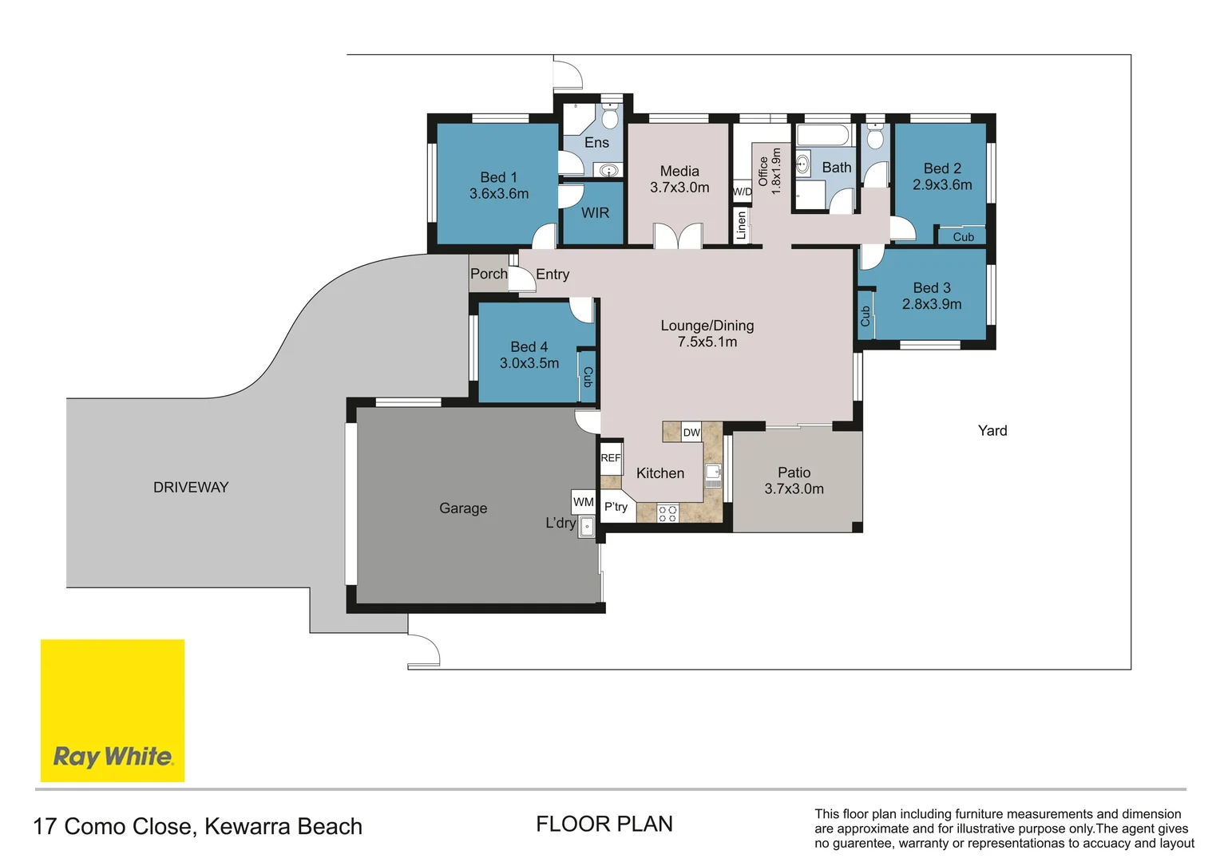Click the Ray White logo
point(113,710)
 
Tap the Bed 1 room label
point(499,177)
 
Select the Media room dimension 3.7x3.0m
point(679,188)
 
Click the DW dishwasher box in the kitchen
point(691,433)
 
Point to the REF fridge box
point(611,458)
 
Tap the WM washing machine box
point(584,502)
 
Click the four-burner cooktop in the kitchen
point(667,513)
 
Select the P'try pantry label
point(616,507)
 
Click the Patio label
point(794,473)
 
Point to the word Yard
point(992,431)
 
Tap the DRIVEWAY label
point(191,487)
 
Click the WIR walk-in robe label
point(595,213)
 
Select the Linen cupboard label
point(741,225)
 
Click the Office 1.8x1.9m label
point(770,171)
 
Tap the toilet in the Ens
point(610,117)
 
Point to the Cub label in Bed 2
point(963,237)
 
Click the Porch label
point(489,274)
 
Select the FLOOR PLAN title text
point(604,824)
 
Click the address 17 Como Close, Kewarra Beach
point(198,826)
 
